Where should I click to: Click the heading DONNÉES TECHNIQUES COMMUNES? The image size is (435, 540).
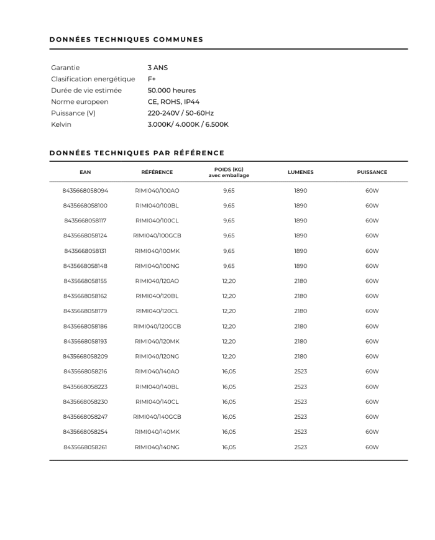[x=126, y=40]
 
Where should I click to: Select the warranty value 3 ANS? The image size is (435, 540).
[x=158, y=68]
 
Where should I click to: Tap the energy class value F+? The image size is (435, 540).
[x=152, y=79]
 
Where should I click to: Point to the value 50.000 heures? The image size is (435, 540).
[x=172, y=90]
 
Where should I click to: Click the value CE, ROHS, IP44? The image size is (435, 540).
[x=173, y=102]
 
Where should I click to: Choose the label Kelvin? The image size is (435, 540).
[x=61, y=124]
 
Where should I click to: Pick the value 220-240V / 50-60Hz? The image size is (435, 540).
[x=180, y=113]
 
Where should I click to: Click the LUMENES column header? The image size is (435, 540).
[x=301, y=172]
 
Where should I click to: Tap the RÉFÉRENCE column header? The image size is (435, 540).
[x=157, y=172]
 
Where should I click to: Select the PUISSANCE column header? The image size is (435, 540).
[x=372, y=172]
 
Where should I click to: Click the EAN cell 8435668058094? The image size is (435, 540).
[x=85, y=191]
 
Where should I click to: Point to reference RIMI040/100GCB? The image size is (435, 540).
[x=157, y=236]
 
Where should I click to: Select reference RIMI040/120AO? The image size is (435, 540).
[x=157, y=281]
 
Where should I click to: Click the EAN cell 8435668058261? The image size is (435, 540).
[x=85, y=447]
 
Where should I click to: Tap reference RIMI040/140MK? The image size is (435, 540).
[x=157, y=432]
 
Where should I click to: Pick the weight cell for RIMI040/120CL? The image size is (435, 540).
[x=229, y=311]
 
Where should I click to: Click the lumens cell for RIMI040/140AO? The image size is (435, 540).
[x=301, y=372]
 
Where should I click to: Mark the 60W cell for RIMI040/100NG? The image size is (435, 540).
[x=372, y=266]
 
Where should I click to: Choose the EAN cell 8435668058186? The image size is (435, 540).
[x=85, y=326]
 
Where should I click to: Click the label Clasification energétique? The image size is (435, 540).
[x=93, y=79]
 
